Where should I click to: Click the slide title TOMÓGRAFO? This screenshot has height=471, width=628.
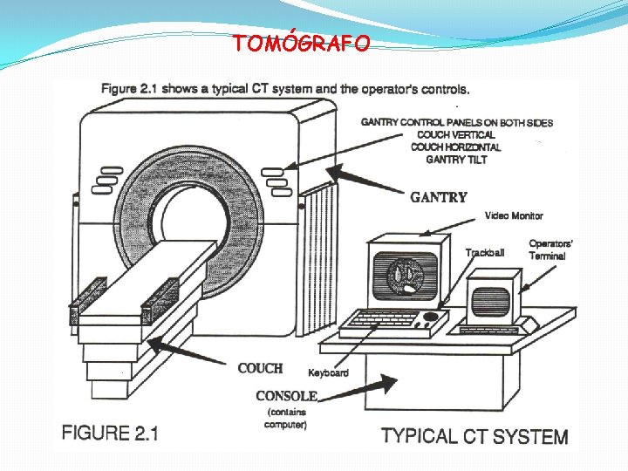coord(301,44)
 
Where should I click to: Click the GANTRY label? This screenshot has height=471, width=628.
coord(439,197)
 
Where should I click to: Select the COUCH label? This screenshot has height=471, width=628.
coord(260,368)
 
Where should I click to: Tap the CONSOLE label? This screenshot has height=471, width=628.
coord(286,395)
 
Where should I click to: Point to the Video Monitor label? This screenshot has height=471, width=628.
coord(514,216)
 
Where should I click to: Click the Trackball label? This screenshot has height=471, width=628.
coord(484,253)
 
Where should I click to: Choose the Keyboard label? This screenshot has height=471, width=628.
coord(328,372)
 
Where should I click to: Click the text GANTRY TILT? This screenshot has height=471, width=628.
coord(458,160)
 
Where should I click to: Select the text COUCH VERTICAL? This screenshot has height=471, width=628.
coord(456,135)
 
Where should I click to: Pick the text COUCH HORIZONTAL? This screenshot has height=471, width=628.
coord(456,147)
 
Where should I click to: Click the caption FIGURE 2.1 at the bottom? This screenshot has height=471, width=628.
coord(109,433)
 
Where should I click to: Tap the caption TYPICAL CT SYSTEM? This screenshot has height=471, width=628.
coord(474,436)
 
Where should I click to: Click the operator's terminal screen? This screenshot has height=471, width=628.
coord(490,300)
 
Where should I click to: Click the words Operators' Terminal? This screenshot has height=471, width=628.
coord(550,249)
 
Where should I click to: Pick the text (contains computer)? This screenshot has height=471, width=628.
coord(286,418)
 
